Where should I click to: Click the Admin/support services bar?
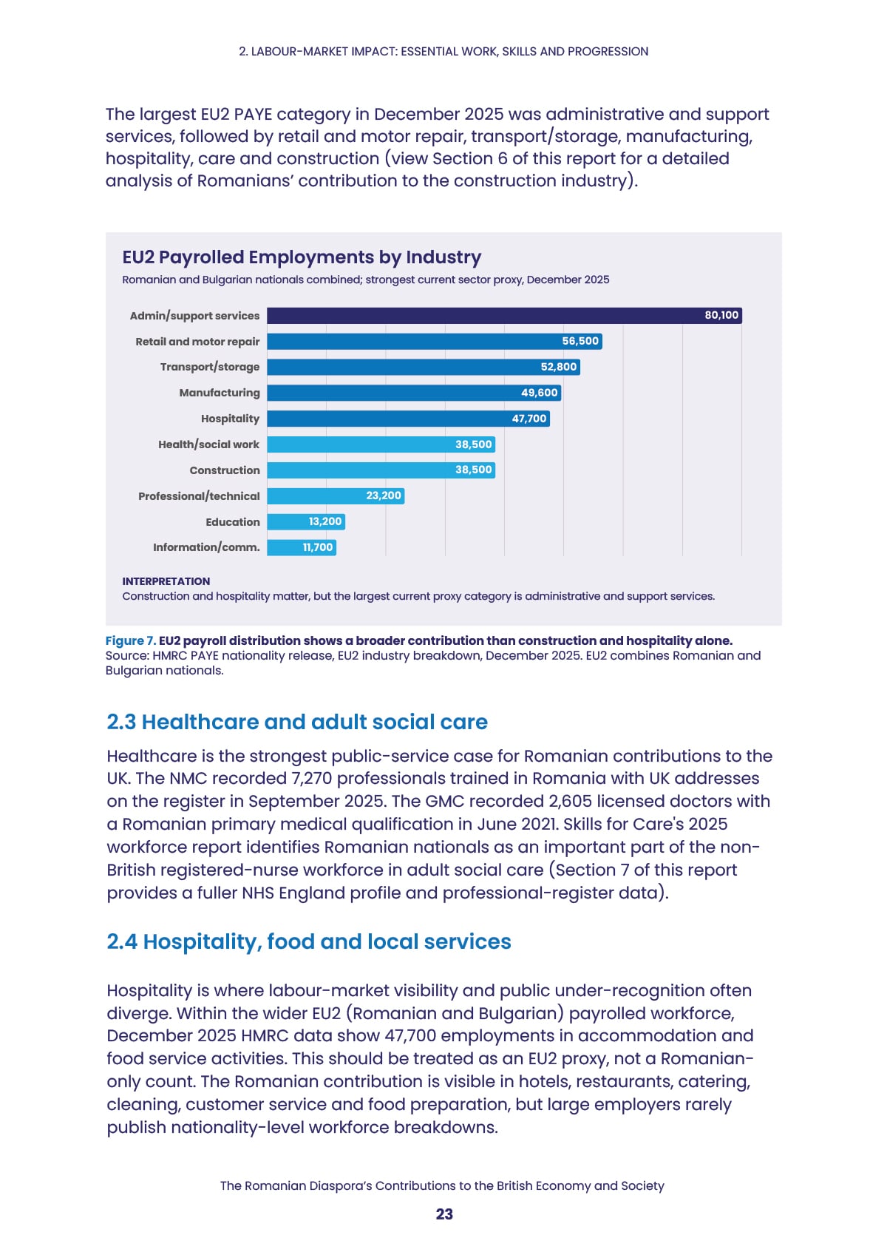pyautogui.click(x=504, y=316)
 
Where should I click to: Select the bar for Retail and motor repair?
pyautogui.click(x=435, y=341)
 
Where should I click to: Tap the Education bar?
pyautogui.click(x=306, y=521)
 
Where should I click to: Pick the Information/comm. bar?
pyautogui.click(x=302, y=547)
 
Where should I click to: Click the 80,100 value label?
pyautogui.click(x=721, y=316)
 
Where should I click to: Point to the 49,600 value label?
pyautogui.click(x=540, y=393)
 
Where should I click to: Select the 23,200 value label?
pyautogui.click(x=384, y=495)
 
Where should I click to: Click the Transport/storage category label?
pyautogui.click(x=210, y=367)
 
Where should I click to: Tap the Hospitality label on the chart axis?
pyautogui.click(x=230, y=419)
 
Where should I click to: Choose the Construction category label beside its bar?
pyautogui.click(x=225, y=470)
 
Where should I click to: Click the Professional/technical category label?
pyautogui.click(x=199, y=496)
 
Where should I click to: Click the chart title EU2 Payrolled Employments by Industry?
pyautogui.click(x=302, y=257)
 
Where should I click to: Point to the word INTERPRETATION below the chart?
pyautogui.click(x=166, y=581)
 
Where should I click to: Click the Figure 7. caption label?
pyautogui.click(x=131, y=641)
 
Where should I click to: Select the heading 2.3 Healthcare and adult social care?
pyautogui.click(x=297, y=723)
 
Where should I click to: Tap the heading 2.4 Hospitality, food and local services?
pyautogui.click(x=309, y=942)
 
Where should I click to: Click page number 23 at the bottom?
pyautogui.click(x=445, y=1214)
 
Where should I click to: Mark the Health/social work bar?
pyautogui.click(x=381, y=444)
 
